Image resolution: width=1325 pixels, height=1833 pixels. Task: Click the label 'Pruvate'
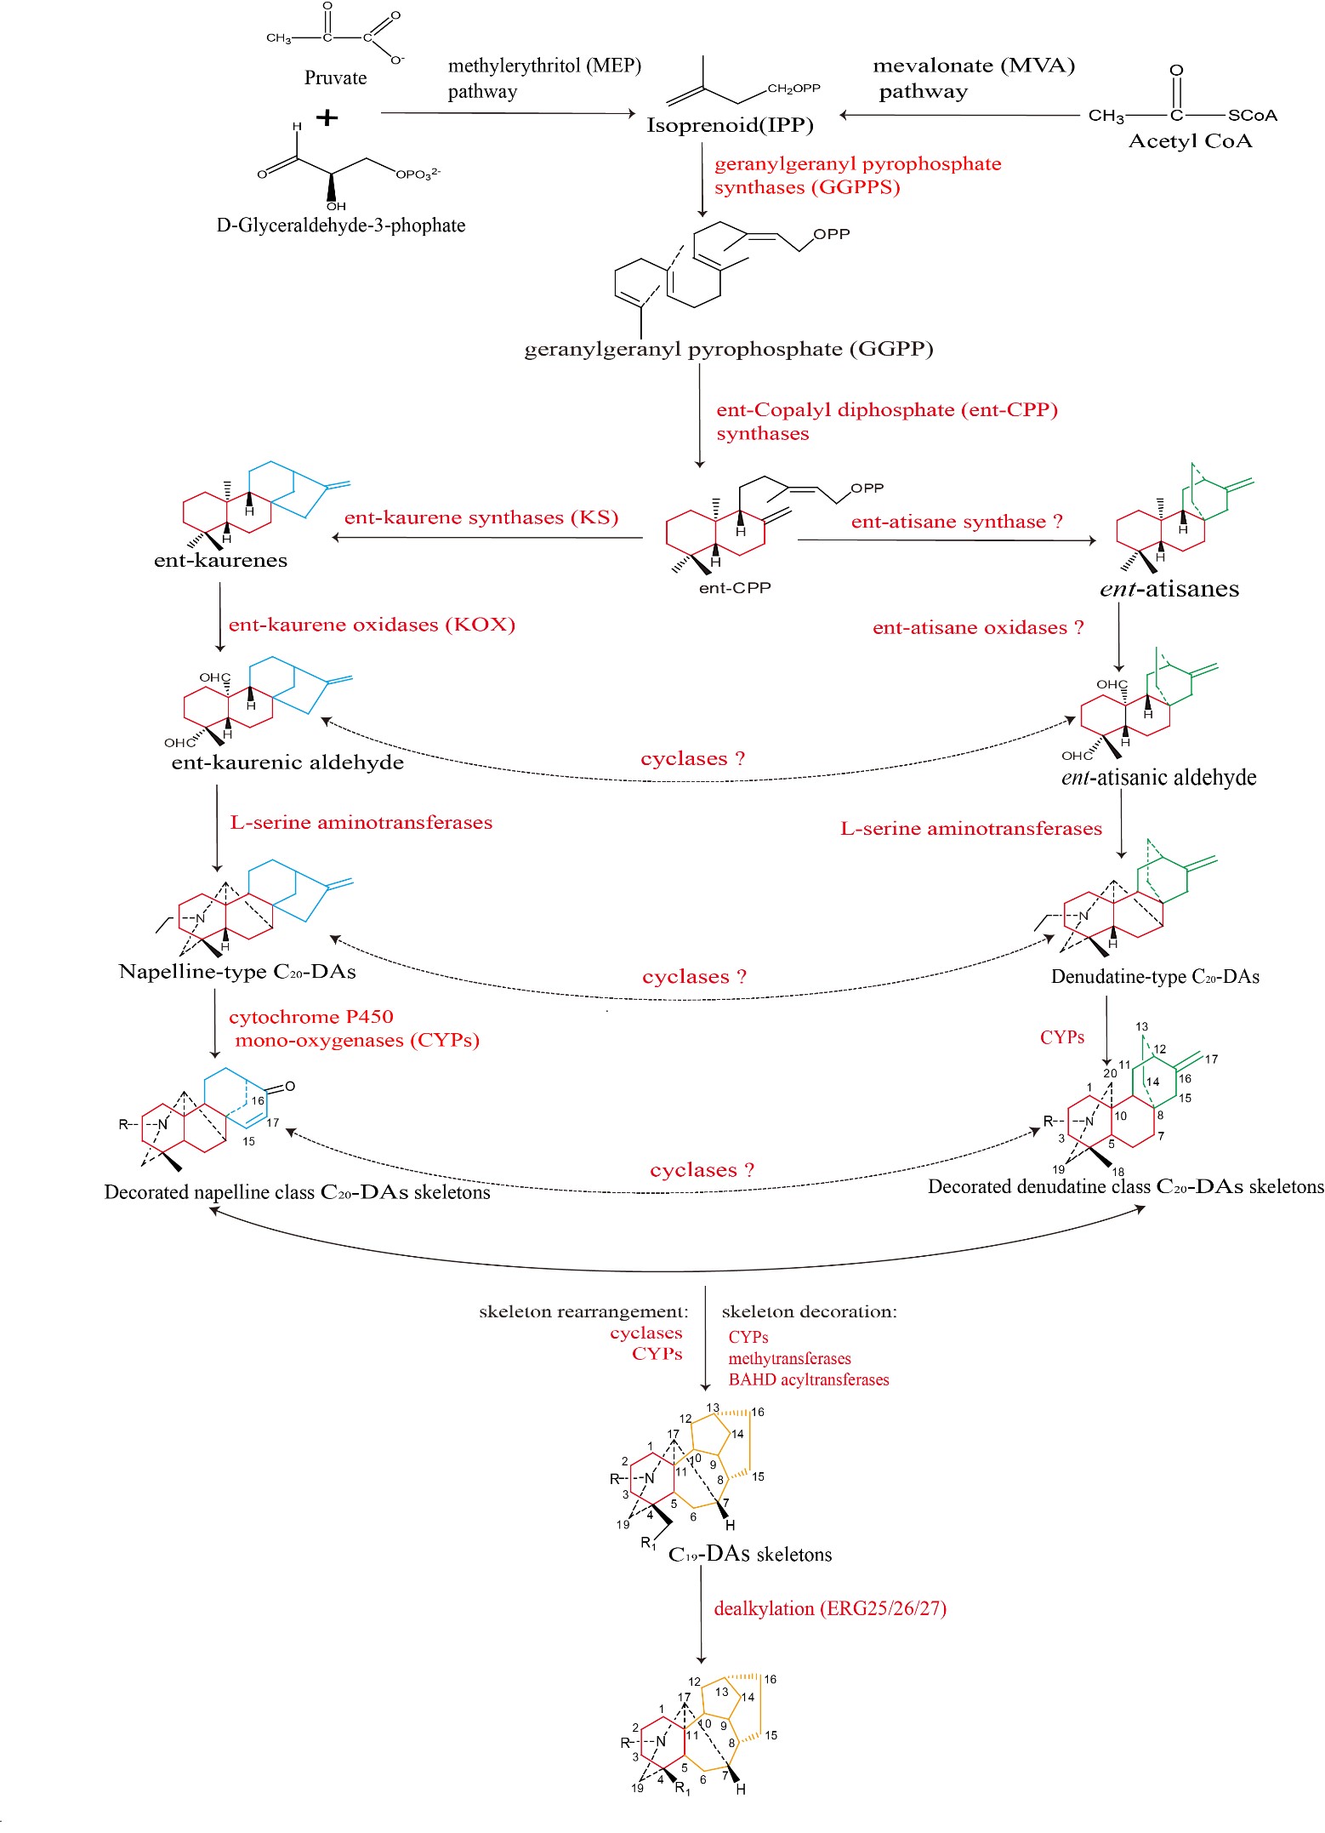[335, 78]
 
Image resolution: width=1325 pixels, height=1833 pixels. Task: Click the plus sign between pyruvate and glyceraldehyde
[327, 117]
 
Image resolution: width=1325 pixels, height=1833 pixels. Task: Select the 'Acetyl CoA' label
[1190, 141]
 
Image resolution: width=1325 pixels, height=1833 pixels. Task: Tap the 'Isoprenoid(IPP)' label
[730, 126]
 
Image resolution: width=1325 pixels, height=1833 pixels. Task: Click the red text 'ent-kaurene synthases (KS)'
[481, 517]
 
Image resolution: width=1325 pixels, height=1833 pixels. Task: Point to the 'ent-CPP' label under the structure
[735, 588]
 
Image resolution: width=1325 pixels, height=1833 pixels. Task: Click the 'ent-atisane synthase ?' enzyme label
[957, 522]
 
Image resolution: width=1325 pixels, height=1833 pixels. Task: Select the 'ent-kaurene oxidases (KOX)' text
[372, 625]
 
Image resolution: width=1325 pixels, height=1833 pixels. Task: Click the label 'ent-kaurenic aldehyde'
[287, 762]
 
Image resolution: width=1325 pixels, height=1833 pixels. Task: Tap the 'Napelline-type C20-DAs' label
[237, 972]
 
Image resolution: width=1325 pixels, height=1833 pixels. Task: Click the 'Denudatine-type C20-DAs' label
[1155, 977]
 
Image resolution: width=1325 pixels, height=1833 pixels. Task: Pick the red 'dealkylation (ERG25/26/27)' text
[830, 1608]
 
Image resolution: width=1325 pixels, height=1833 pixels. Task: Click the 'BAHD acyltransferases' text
[808, 1379]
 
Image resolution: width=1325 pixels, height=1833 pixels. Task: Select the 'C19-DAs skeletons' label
[750, 1555]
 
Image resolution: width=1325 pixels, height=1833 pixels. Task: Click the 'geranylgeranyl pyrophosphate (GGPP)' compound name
[729, 350]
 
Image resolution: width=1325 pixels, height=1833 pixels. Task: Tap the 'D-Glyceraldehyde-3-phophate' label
[341, 226]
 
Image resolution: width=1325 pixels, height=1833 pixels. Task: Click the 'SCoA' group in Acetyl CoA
[1252, 116]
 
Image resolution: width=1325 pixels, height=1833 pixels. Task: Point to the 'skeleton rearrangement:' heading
[583, 1311]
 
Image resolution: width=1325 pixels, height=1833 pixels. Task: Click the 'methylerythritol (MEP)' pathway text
[544, 66]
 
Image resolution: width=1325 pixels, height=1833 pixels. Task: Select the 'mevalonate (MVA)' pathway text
[974, 66]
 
